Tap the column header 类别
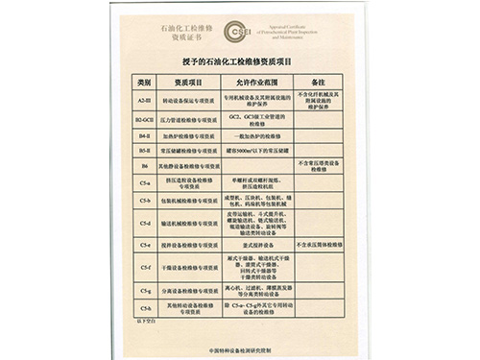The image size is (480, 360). pyautogui.click(x=145, y=84)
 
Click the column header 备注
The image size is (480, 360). pyautogui.click(x=320, y=84)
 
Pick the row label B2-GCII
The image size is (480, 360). pyautogui.click(x=145, y=119)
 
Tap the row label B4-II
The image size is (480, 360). pyautogui.click(x=145, y=135)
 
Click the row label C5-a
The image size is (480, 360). pyautogui.click(x=145, y=182)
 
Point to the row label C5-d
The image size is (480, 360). pyautogui.click(x=145, y=223)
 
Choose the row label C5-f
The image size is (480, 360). pyautogui.click(x=145, y=266)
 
